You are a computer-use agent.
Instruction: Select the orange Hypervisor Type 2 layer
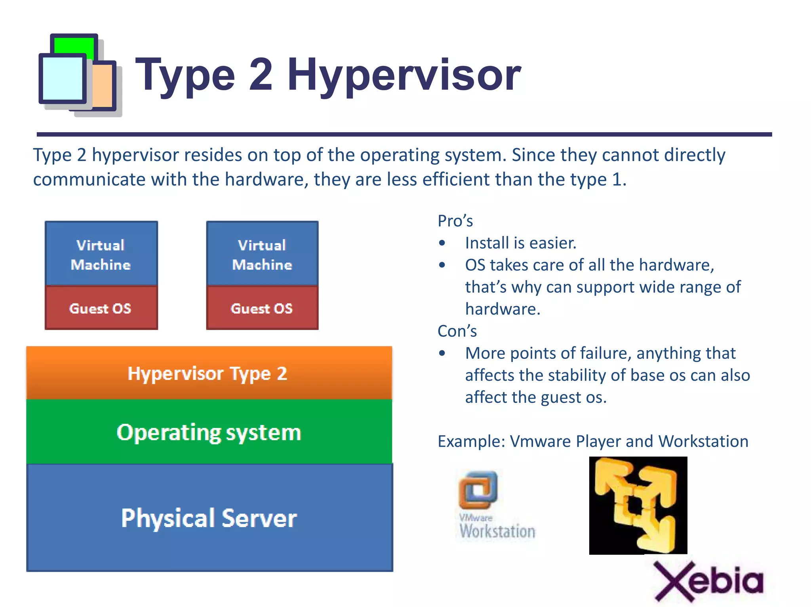pyautogui.click(x=209, y=373)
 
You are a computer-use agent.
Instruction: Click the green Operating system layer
pyautogui.click(x=209, y=432)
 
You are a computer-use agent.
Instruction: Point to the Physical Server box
pyautogui.click(x=209, y=518)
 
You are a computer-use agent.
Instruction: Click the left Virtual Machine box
pyautogui.click(x=101, y=254)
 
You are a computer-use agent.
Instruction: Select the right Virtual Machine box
pyautogui.click(x=262, y=254)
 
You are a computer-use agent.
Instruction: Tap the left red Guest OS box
pyautogui.click(x=101, y=308)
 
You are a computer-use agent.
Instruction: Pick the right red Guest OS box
pyautogui.click(x=262, y=308)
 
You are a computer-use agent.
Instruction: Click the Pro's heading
pyautogui.click(x=455, y=221)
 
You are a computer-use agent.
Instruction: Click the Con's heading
pyautogui.click(x=457, y=331)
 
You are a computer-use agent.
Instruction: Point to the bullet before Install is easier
pyautogui.click(x=442, y=243)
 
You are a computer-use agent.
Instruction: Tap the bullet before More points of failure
pyautogui.click(x=442, y=353)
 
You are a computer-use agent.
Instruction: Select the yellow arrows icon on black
pyautogui.click(x=638, y=505)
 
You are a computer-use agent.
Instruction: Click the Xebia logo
pyautogui.click(x=708, y=580)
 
